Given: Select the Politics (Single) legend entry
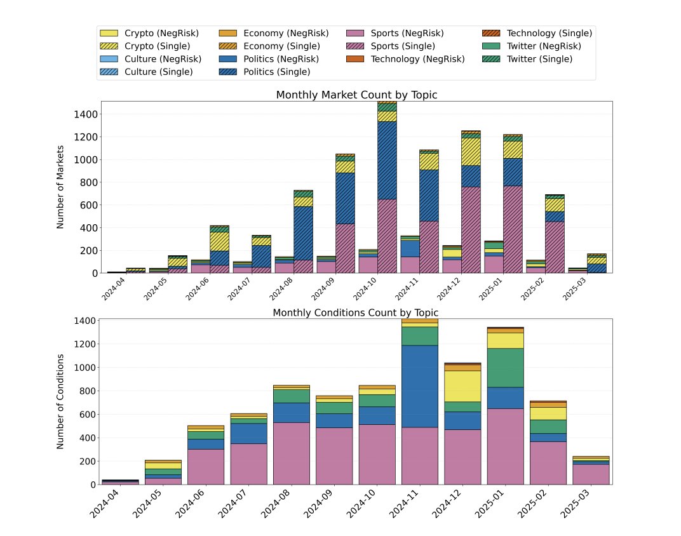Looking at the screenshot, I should [277, 72].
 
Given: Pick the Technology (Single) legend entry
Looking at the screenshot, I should [550, 33].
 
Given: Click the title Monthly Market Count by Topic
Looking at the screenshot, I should [356, 95].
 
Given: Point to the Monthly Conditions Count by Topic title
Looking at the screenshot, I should [355, 313].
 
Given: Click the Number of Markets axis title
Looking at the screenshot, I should [61, 187].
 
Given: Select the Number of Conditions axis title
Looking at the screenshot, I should [61, 401].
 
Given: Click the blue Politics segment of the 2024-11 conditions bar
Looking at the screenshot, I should [419, 386].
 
